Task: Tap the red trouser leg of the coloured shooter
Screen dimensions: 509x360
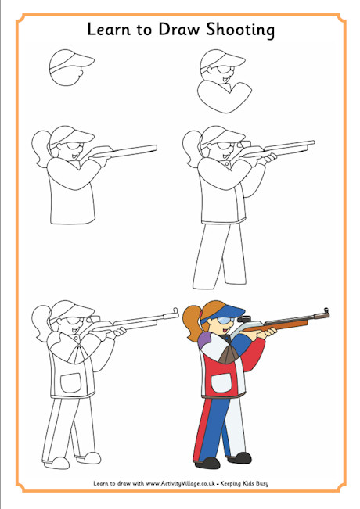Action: click(x=202, y=425)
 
